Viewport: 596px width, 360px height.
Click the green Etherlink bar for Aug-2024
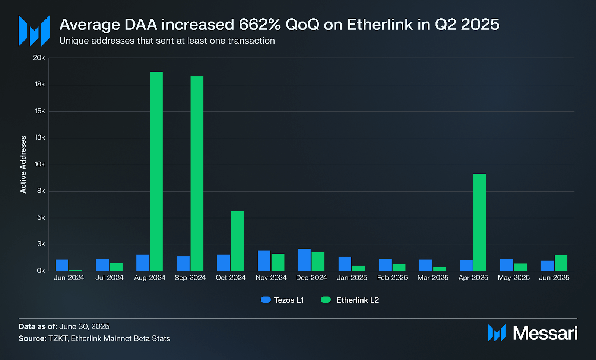pos(156,171)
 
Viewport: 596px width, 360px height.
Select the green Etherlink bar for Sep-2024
pos(197,173)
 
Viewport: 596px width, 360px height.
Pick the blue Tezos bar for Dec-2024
pos(304,260)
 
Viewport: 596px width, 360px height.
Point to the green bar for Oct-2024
pos(237,241)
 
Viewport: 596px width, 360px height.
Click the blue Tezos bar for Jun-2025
pos(547,265)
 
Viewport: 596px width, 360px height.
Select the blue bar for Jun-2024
pos(62,265)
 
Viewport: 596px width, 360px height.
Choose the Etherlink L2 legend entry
pos(350,300)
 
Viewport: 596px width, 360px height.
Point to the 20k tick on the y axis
pos(39,58)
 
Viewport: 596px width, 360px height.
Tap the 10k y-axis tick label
pos(39,164)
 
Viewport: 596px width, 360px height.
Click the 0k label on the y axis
pos(41,271)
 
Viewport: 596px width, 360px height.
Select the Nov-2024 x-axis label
pos(271,278)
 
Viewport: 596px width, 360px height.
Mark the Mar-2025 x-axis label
pos(433,278)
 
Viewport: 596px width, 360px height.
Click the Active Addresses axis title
pos(23,164)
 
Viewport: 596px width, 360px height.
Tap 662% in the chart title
pos(260,25)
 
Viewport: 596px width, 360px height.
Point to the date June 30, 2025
pos(84,326)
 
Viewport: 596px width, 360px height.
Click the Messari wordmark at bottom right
pos(545,333)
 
